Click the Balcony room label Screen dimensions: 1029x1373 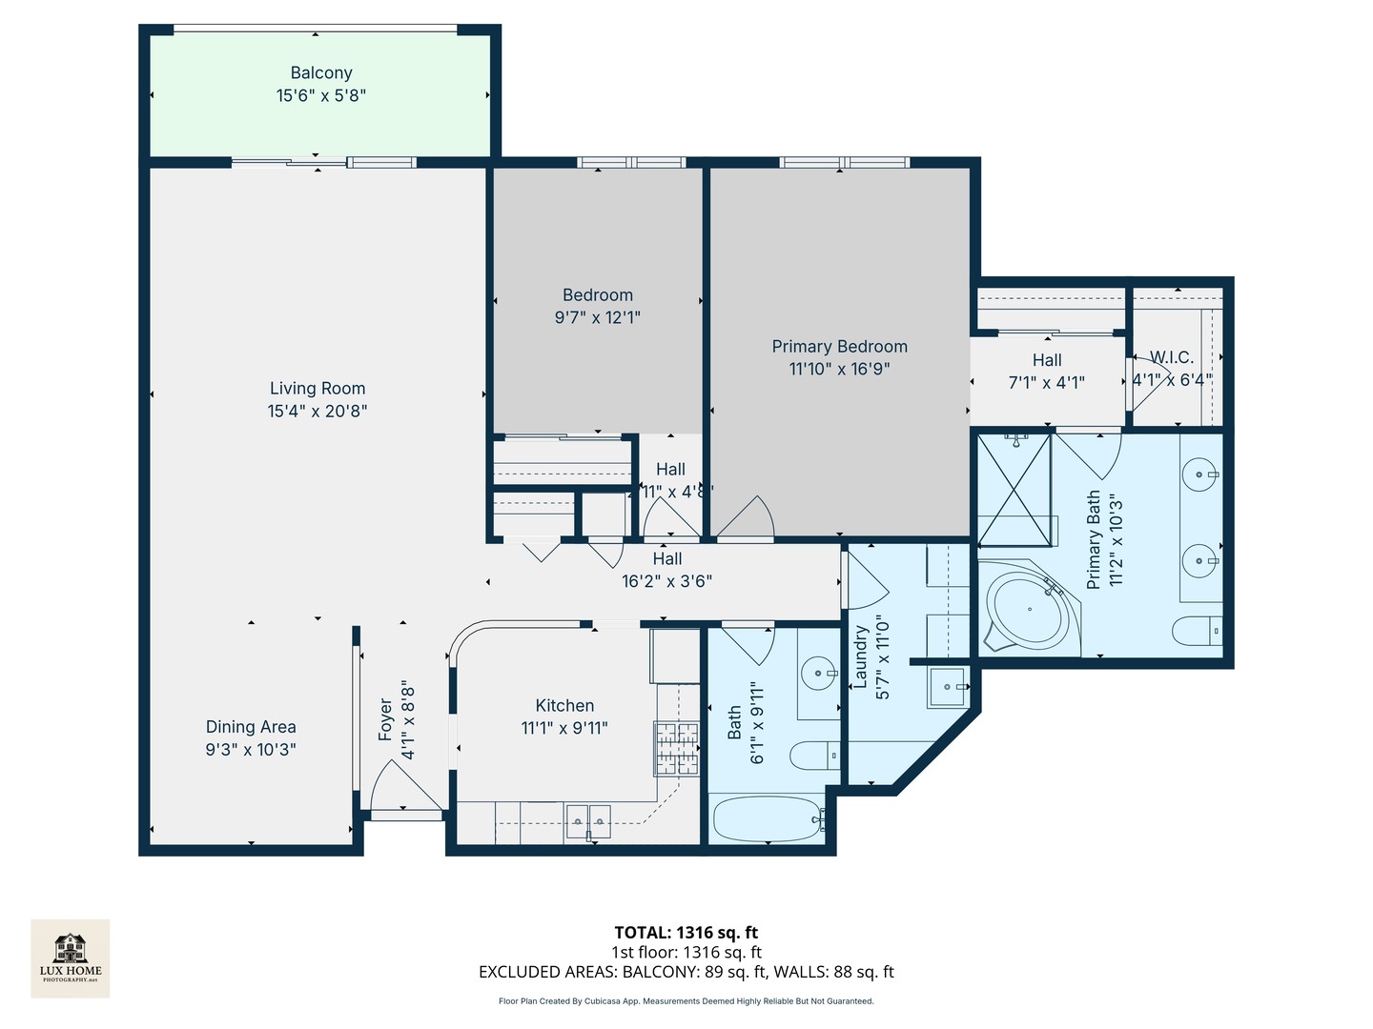tap(321, 73)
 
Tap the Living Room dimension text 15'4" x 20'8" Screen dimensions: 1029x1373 tap(318, 412)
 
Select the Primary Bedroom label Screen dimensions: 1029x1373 tap(839, 347)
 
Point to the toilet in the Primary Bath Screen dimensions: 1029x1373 tap(1198, 631)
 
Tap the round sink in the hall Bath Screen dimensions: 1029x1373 tap(818, 674)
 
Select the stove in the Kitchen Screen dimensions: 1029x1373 tap(676, 748)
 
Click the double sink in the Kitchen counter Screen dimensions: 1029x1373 tap(588, 820)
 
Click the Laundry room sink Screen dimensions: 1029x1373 tap(948, 686)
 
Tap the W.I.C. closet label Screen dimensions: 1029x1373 tap(1172, 358)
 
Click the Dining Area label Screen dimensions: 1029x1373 tap(251, 727)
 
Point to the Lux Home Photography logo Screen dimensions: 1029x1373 tap(71, 958)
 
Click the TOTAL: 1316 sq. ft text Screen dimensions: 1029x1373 tap(686, 933)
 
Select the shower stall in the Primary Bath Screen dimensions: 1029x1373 tap(1014, 489)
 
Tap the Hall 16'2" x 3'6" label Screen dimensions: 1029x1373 tap(667, 570)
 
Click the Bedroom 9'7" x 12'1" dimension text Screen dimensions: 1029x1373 tap(598, 318)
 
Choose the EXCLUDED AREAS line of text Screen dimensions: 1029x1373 tap(686, 972)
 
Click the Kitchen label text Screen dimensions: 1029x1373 tap(564, 706)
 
